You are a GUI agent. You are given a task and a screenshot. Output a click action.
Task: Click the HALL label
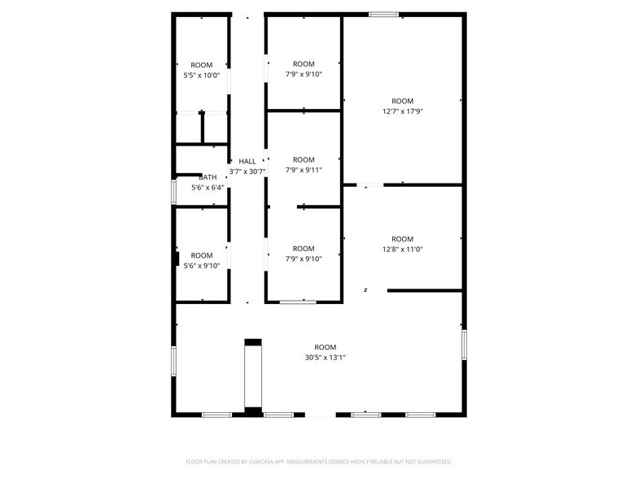tap(247, 161)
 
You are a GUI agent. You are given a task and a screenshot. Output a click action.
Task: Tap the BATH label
tap(208, 177)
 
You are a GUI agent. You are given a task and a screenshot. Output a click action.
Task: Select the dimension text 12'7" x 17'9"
tap(402, 111)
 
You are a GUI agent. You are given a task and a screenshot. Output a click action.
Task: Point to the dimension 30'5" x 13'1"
tap(326, 358)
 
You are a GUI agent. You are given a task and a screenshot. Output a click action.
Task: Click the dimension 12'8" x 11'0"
tap(402, 250)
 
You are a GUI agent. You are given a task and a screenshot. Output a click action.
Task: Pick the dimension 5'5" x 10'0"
tap(202, 75)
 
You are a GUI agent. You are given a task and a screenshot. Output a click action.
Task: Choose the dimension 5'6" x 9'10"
tap(202, 266)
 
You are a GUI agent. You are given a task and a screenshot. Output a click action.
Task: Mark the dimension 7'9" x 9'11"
tap(304, 170)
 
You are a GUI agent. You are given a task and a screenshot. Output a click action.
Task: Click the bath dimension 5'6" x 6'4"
tap(208, 188)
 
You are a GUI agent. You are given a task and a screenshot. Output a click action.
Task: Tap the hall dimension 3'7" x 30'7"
tap(247, 172)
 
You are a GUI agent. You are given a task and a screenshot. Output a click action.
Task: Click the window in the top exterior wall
tap(384, 15)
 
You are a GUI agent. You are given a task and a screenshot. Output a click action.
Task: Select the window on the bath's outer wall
tap(174, 192)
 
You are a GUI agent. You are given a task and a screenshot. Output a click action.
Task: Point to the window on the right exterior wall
tap(464, 345)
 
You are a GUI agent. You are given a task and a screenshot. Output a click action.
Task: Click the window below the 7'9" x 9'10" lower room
tap(298, 302)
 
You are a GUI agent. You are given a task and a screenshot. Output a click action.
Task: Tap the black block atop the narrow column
tap(253, 342)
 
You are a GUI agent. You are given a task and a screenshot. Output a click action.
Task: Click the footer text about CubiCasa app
tap(319, 462)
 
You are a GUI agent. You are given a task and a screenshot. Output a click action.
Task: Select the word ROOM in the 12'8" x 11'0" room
tap(402, 239)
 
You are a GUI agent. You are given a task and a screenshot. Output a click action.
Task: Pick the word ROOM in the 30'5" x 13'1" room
tap(326, 347)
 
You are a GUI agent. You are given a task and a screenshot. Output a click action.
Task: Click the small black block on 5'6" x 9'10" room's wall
tap(177, 259)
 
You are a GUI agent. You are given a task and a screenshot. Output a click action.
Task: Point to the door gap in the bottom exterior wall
tap(321, 415)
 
